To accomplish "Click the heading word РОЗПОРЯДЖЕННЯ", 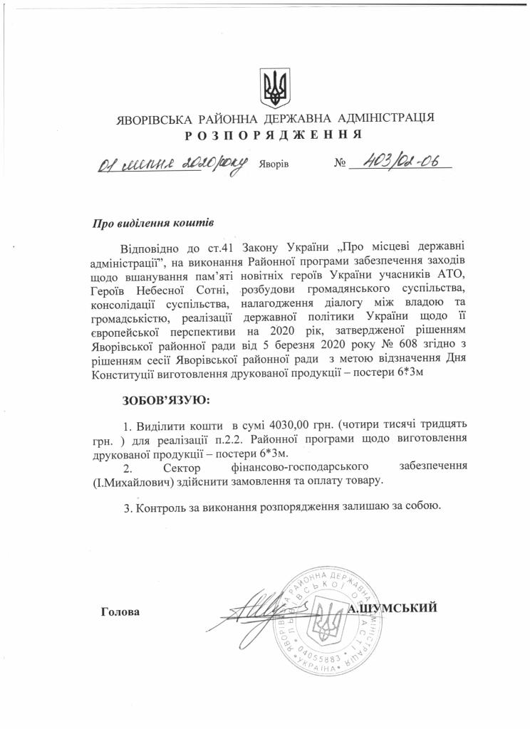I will pos(273,135).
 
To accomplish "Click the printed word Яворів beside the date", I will pos(274,164).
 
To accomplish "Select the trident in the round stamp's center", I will pos(328,622).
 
